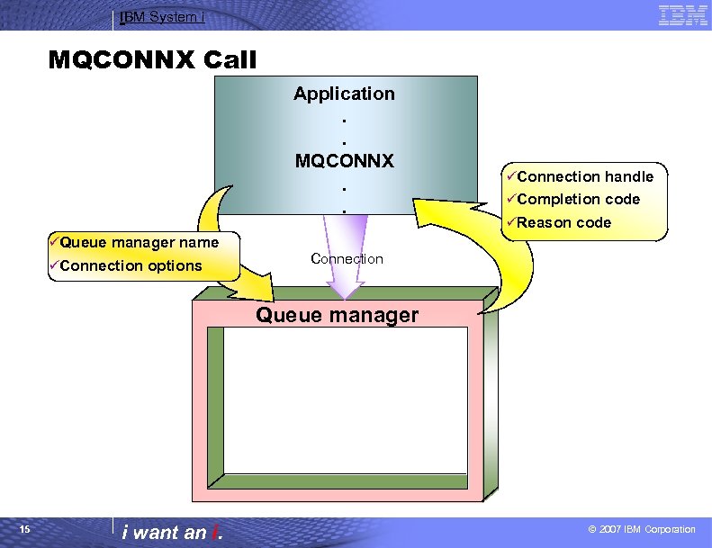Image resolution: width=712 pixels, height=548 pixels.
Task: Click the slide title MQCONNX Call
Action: pos(152,60)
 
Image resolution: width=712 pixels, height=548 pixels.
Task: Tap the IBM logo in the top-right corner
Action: pos(682,15)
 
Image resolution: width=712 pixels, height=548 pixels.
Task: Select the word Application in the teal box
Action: pos(344,94)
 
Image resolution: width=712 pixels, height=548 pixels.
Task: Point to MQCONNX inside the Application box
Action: pos(344,161)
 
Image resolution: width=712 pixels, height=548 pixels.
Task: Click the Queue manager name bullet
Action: pos(134,242)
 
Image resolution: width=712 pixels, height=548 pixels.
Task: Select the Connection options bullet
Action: pos(126,265)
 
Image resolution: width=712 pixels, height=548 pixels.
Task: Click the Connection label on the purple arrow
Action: pos(347,259)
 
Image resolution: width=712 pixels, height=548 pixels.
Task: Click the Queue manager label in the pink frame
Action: pos(338,315)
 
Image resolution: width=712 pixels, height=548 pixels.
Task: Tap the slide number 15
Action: pos(25,529)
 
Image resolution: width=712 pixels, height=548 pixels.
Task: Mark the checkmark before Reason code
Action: pos(510,222)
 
